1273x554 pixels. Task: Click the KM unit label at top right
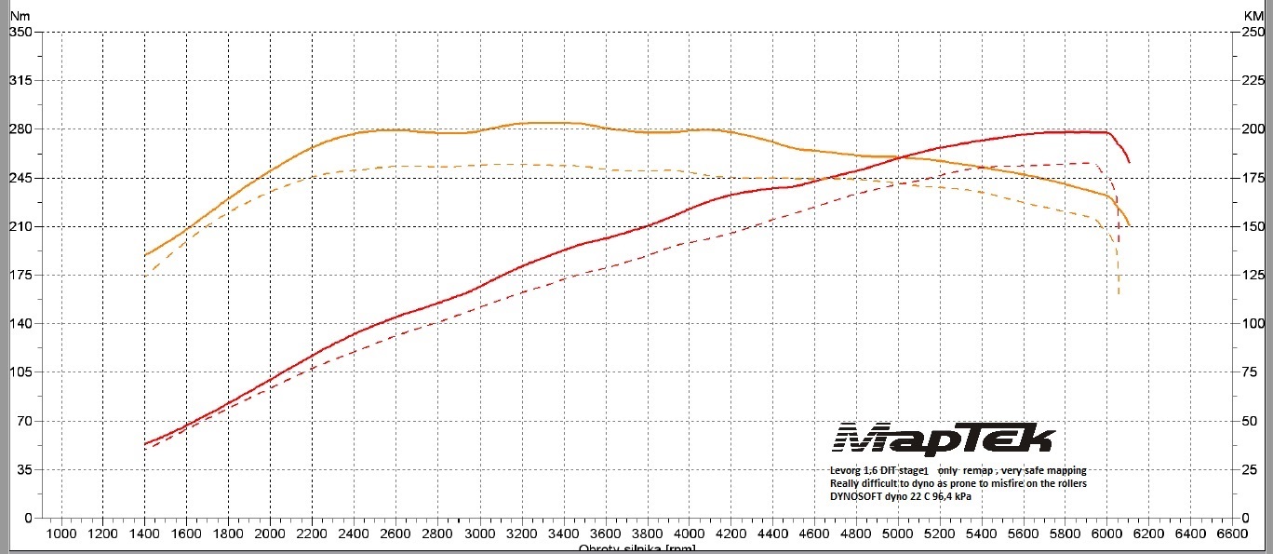1253,17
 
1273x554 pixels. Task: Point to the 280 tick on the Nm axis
20,129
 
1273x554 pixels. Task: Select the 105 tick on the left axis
20,372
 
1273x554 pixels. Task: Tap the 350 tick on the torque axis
20,32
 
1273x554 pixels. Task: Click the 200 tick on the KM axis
1253,129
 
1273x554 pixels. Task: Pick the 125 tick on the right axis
1253,275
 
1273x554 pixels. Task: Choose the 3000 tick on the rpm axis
479,534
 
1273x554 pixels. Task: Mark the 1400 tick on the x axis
144,534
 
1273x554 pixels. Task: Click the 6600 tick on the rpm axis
1232,534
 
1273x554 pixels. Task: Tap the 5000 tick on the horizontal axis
898,534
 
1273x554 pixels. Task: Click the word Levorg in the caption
848,471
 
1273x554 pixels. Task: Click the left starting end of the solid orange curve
145,255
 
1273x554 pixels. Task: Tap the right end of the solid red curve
1129,162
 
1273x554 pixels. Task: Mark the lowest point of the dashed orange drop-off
1119,295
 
